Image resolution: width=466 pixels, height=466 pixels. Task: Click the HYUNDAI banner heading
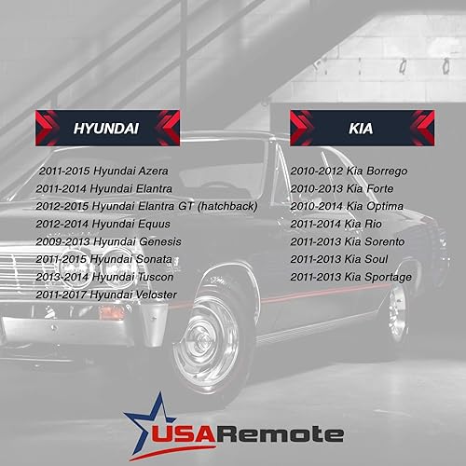tap(106, 128)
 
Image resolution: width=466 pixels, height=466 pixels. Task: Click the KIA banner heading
tap(361, 128)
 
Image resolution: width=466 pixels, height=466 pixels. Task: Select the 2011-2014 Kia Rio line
tap(332, 224)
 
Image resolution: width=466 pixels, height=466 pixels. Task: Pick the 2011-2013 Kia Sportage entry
tap(345, 276)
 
